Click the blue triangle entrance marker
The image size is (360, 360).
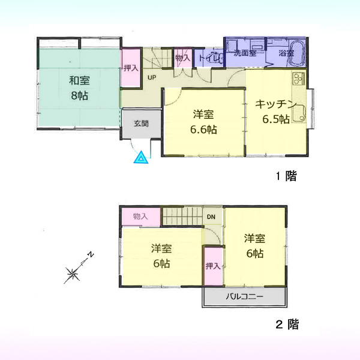click(x=141, y=158)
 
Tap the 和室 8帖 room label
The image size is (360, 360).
click(x=79, y=88)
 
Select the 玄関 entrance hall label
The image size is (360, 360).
click(x=141, y=124)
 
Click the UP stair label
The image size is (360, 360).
click(x=152, y=77)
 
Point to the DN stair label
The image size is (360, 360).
click(x=211, y=217)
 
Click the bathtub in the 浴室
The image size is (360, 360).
click(x=296, y=53)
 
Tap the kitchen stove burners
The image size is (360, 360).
click(x=298, y=78)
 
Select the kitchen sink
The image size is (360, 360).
click(x=299, y=114)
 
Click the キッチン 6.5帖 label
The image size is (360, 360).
click(x=276, y=112)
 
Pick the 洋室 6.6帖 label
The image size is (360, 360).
click(x=203, y=122)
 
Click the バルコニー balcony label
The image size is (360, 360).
click(x=245, y=296)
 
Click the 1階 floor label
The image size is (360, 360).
click(x=286, y=176)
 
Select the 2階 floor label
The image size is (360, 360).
click(x=287, y=325)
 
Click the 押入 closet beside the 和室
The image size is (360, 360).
click(x=131, y=68)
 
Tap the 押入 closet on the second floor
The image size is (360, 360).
click(x=213, y=266)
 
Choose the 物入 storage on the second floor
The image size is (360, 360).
click(x=140, y=217)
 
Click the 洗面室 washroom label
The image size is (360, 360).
click(x=245, y=53)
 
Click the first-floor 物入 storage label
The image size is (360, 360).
click(x=183, y=58)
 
